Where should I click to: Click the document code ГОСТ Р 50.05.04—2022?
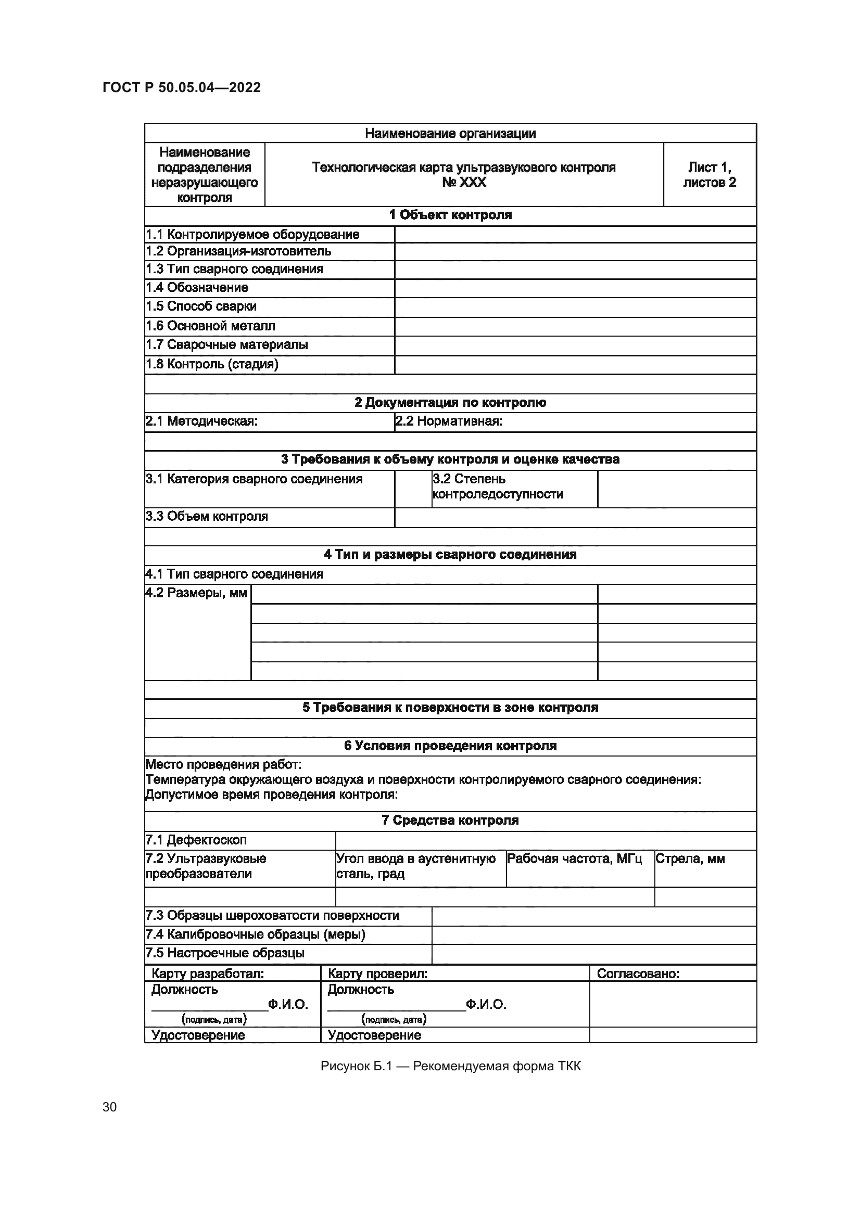coord(181,87)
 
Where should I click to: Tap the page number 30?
coord(109,1107)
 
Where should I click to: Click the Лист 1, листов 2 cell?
coord(710,174)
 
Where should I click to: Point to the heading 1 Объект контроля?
coord(450,215)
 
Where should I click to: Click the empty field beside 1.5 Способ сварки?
coord(575,307)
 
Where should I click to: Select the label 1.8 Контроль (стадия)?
coord(212,364)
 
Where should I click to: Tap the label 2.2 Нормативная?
coord(449,421)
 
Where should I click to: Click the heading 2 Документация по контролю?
coord(450,402)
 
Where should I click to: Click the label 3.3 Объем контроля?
coord(207,516)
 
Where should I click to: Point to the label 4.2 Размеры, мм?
coord(197,593)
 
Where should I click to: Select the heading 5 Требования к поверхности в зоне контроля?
coord(450,708)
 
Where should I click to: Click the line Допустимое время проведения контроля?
coord(271,794)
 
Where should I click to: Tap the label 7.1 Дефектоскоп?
coord(196,840)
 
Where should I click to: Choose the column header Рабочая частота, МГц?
coord(574,859)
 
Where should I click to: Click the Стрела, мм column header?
coord(690,859)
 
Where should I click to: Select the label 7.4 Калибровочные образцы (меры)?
coord(256,934)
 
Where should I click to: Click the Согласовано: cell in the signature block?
coord(638,973)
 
